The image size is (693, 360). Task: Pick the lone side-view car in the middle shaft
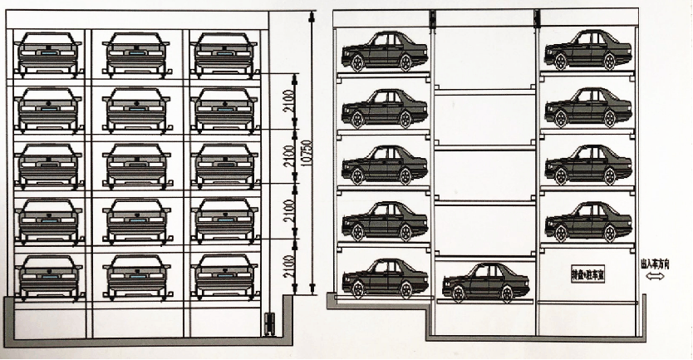(484, 282)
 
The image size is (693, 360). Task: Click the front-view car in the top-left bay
(49, 54)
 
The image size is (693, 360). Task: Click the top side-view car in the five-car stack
(385, 51)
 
